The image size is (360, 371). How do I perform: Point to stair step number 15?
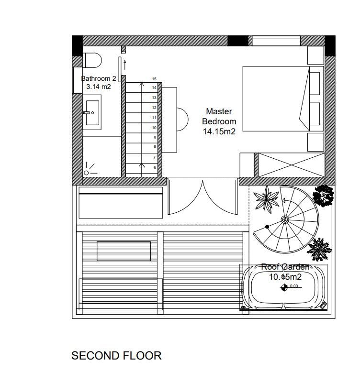(154, 78)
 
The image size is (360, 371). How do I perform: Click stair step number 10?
(154, 128)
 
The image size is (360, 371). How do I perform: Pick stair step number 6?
(154, 168)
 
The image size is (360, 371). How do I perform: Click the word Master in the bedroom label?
(219, 111)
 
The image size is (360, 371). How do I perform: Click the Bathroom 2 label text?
(98, 78)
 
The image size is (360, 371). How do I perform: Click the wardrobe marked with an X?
(289, 165)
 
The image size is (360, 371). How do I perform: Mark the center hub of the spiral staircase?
(285, 219)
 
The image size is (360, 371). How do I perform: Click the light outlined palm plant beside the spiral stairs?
(267, 197)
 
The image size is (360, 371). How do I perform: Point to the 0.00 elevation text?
(294, 286)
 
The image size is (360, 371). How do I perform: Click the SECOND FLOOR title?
(116, 356)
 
